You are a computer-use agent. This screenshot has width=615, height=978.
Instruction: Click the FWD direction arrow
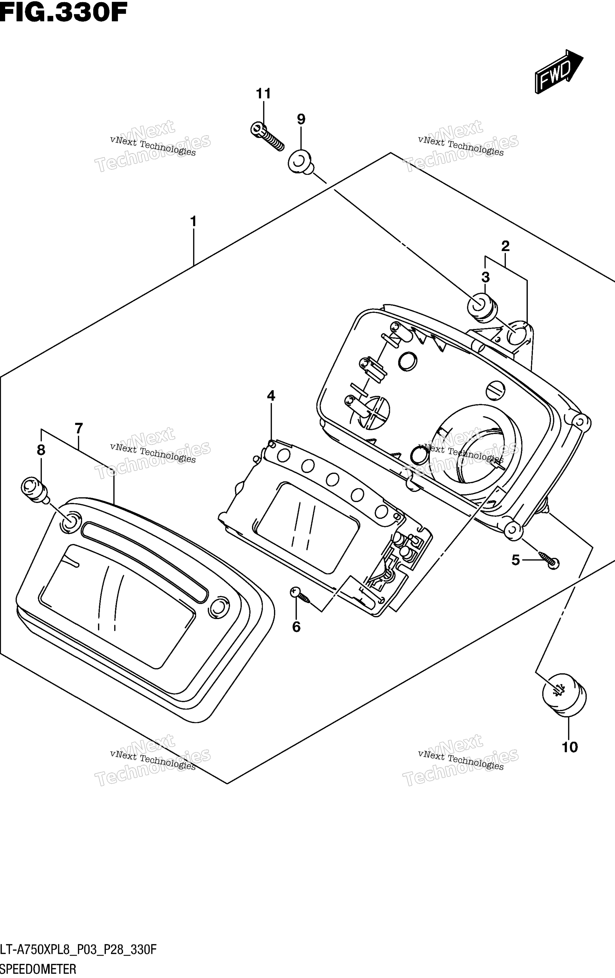pos(559,72)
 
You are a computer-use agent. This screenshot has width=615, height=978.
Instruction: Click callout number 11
pos(263,94)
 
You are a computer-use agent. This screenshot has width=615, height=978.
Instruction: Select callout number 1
pos(193,221)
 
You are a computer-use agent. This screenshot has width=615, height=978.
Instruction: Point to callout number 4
pos(271,395)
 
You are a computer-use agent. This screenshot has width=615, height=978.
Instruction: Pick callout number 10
pos(570,747)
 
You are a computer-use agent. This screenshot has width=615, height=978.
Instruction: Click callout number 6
pos(297,627)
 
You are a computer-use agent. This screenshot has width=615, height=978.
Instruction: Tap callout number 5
pos(515,560)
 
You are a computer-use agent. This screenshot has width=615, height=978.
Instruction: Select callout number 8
pos(41,450)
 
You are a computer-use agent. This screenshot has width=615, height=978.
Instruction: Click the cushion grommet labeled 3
pos(483,307)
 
